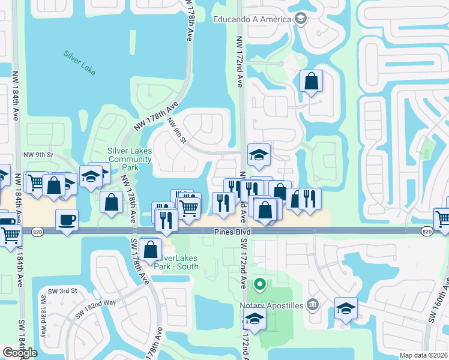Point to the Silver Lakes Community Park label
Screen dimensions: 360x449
[x=129, y=159]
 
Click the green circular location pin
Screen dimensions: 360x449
[x=260, y=283]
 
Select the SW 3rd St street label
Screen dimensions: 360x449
[x=65, y=290]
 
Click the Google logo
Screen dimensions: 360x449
[x=20, y=353]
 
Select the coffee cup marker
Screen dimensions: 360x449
[x=67, y=219]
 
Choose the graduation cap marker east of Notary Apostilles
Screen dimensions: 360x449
[x=346, y=308]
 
